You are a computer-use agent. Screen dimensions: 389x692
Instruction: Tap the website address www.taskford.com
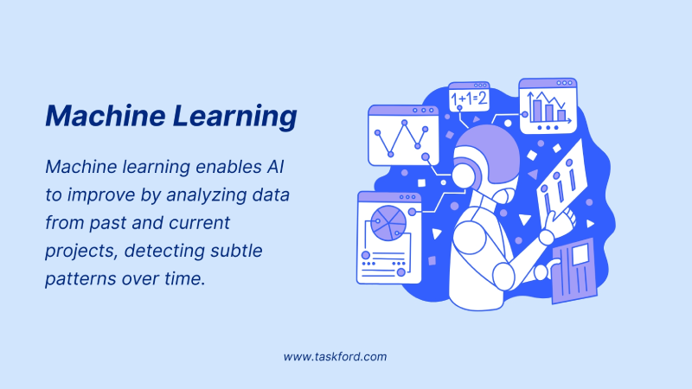335,356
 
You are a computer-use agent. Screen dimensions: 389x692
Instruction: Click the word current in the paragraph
202,223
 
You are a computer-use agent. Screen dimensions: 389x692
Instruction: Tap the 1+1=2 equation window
470,99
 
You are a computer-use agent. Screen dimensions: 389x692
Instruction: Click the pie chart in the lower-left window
388,223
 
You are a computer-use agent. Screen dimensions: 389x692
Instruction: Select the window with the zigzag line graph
400,136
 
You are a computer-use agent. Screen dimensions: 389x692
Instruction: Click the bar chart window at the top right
548,106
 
